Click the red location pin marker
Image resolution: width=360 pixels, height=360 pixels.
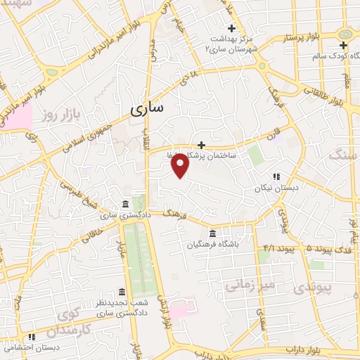coord(181,166)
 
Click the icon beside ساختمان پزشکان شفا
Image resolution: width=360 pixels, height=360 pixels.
coord(201,144)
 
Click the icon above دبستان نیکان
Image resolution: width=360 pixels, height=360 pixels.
coord(277,176)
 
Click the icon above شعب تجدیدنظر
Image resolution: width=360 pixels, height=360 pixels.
coord(122,292)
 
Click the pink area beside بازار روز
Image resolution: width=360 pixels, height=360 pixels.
coord(16,115)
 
